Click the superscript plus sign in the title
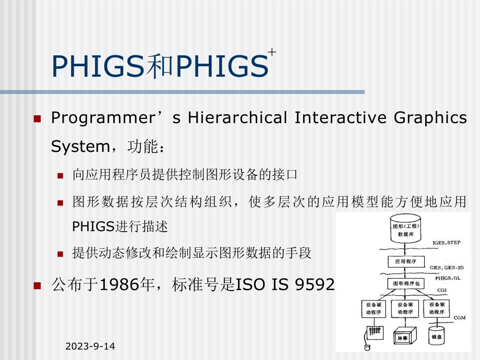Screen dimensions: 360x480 (x=272, y=52)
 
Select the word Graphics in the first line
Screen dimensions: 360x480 (x=435, y=118)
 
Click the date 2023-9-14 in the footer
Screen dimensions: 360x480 (x=91, y=346)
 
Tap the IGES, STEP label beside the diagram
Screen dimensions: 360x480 (x=446, y=243)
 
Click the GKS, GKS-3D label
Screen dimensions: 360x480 (x=447, y=268)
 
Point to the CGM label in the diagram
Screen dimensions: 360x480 (x=459, y=317)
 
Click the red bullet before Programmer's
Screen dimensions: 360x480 (x=37, y=118)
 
